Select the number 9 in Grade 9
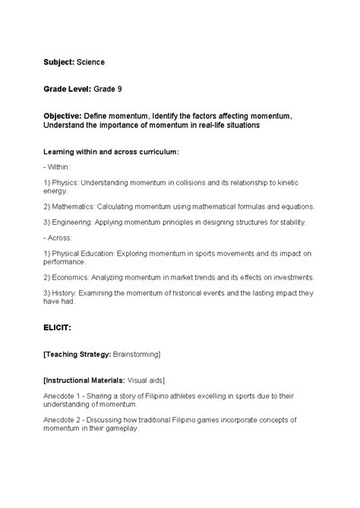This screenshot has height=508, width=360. [119, 89]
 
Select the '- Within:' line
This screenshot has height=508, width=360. [58, 166]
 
